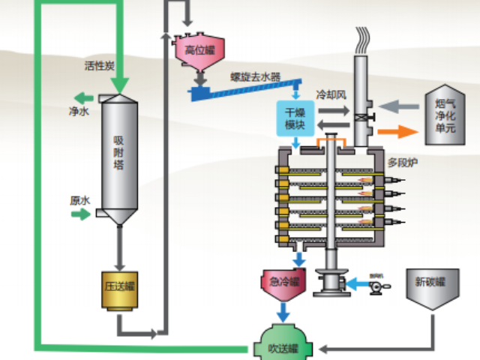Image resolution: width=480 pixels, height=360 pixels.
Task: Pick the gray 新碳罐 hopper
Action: pos(431,285)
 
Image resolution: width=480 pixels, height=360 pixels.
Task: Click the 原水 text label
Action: pos(79,200)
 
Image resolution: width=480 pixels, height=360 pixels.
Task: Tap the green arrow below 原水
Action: pos(79,215)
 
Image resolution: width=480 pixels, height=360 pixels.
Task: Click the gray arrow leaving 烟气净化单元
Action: pos(397,109)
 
